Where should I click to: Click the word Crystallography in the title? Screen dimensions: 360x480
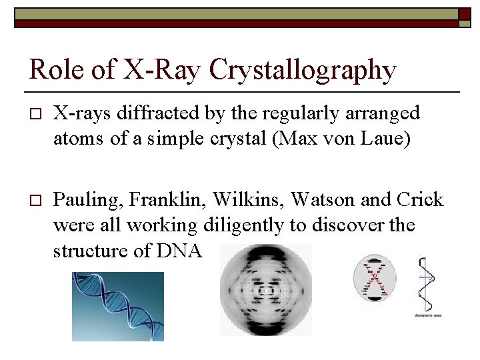(x=302, y=70)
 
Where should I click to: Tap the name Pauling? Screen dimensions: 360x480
(x=81, y=199)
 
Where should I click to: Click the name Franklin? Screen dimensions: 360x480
(x=153, y=199)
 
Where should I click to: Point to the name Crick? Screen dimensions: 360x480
(x=419, y=199)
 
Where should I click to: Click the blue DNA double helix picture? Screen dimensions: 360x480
(x=117, y=306)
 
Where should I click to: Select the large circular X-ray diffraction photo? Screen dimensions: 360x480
(x=266, y=289)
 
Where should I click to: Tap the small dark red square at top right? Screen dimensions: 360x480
(x=464, y=15)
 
